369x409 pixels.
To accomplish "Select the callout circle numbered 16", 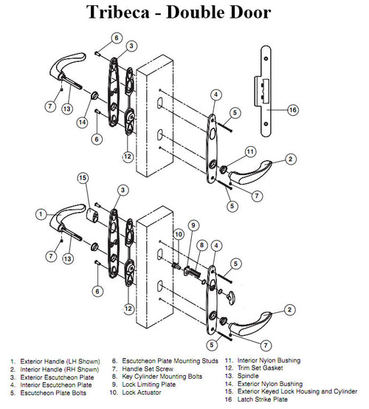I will [292, 109].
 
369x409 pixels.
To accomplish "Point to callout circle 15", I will [83, 179].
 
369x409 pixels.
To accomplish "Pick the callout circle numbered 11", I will [250, 151].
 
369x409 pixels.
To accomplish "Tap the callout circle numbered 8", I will [201, 246].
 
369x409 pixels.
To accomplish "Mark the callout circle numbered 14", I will [83, 121].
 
